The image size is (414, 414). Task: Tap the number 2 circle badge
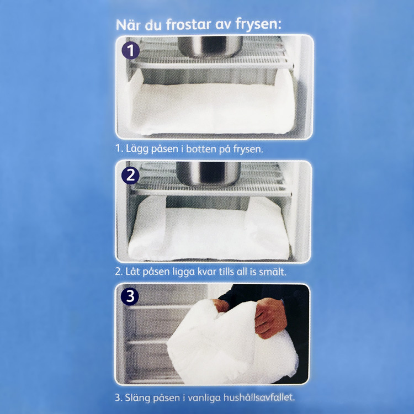pyautogui.click(x=130, y=176)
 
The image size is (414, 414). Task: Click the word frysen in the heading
pyautogui.click(x=260, y=26)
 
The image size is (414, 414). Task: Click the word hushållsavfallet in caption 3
pyautogui.click(x=256, y=396)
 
